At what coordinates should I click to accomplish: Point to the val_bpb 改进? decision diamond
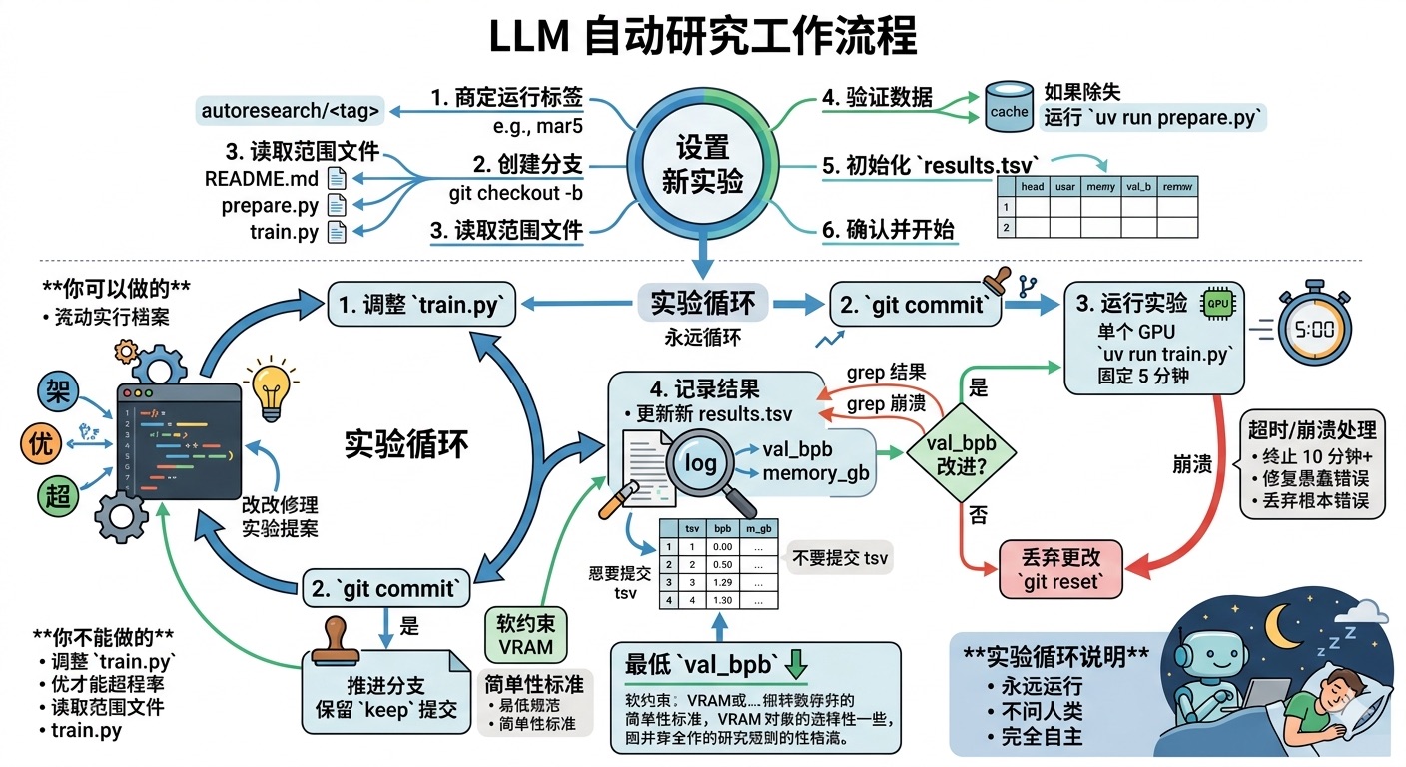962,456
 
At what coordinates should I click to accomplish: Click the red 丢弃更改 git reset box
1061,569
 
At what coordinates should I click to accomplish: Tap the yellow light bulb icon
271,389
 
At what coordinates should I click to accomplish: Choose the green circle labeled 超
59,496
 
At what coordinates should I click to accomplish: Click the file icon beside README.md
337,180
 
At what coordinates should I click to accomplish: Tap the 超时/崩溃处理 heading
1312,430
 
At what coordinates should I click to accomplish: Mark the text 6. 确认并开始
888,230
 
